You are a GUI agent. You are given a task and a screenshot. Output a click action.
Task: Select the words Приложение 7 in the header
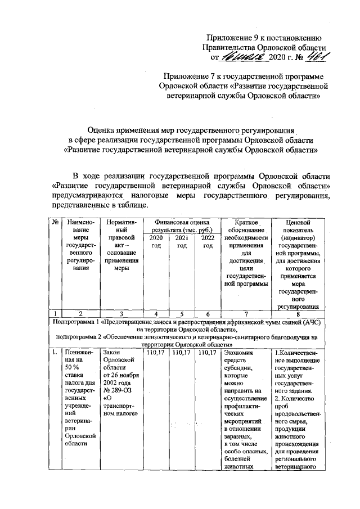[x=190, y=76]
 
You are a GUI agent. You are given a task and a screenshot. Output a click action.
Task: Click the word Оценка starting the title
[x=107, y=130]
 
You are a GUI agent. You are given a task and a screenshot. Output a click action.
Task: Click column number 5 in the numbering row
[x=181, y=313]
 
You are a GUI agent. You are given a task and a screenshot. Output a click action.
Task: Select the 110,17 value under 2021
[x=181, y=353]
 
